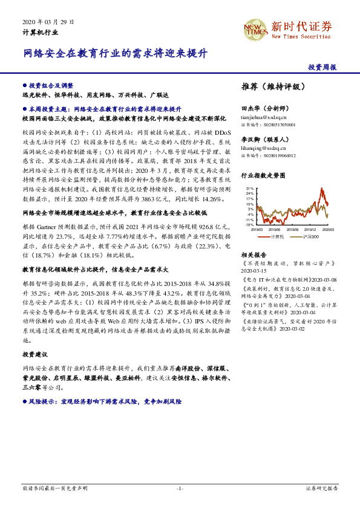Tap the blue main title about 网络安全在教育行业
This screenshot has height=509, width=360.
(x=116, y=53)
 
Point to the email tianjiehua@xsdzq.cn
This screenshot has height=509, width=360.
(x=264, y=117)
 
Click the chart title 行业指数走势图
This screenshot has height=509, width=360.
(x=263, y=175)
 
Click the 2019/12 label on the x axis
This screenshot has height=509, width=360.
(x=310, y=229)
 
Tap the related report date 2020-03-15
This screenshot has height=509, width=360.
(x=256, y=271)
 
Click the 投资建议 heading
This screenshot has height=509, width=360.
(x=34, y=354)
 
